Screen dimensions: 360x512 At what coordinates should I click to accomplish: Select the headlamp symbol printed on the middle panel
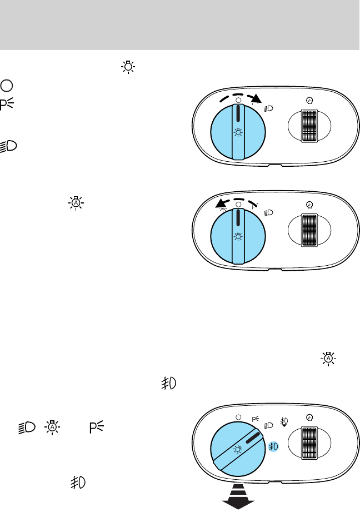pos(269,212)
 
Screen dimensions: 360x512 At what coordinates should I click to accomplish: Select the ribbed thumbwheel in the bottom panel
pos(307,444)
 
